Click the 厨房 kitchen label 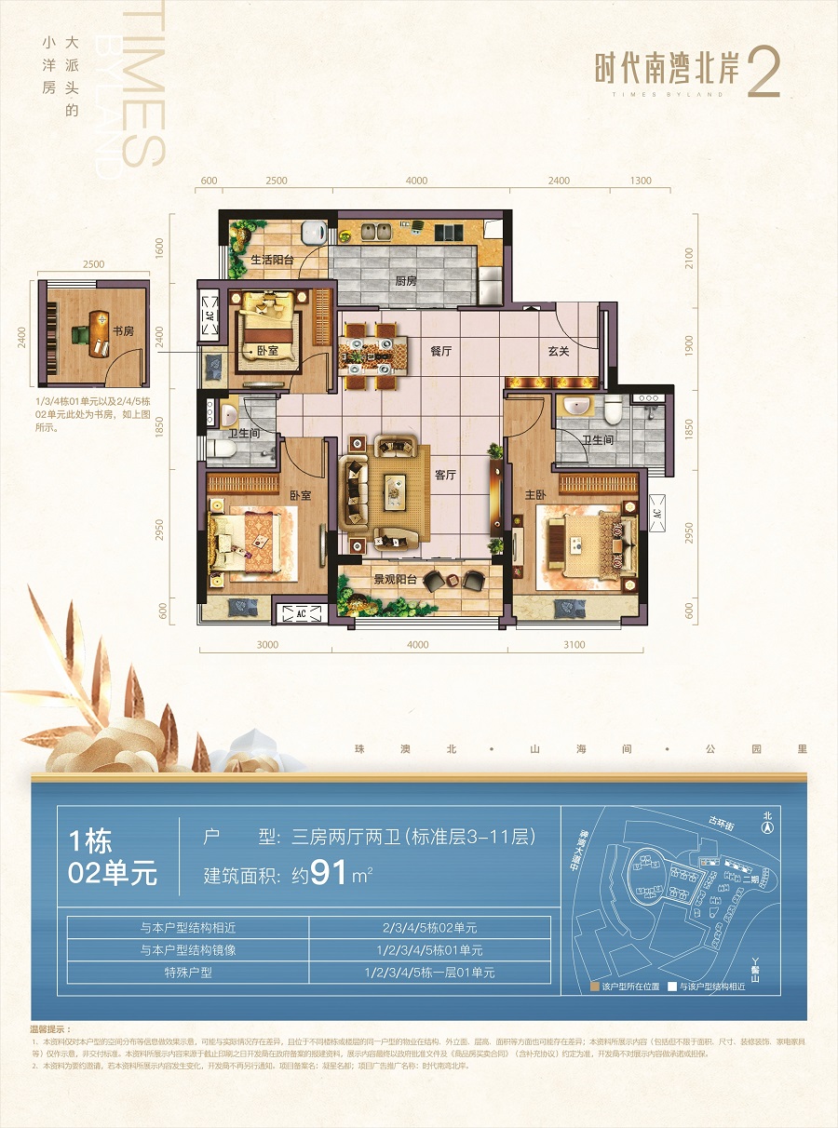(405, 280)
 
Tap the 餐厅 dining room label (440, 352)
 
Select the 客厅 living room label (445, 475)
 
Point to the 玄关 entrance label (558, 352)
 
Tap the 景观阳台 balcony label (394, 578)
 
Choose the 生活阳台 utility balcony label (272, 260)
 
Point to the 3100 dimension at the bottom (574, 645)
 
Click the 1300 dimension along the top (640, 181)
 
